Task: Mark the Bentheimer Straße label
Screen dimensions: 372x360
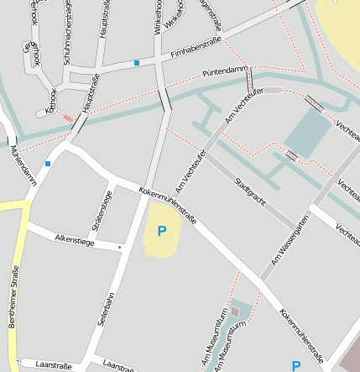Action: tap(14, 310)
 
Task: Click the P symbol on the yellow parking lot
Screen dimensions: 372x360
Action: tap(162, 230)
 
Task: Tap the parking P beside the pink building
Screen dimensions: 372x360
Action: tap(295, 365)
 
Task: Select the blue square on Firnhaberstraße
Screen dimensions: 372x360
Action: tap(137, 62)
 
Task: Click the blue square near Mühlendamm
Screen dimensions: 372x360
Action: tap(48, 163)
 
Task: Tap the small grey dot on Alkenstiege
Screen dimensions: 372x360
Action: tap(120, 247)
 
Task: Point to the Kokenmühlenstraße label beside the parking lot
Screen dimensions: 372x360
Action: tap(168, 205)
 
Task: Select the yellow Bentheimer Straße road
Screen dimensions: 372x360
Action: tap(20, 252)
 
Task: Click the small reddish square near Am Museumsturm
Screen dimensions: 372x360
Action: tap(235, 312)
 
